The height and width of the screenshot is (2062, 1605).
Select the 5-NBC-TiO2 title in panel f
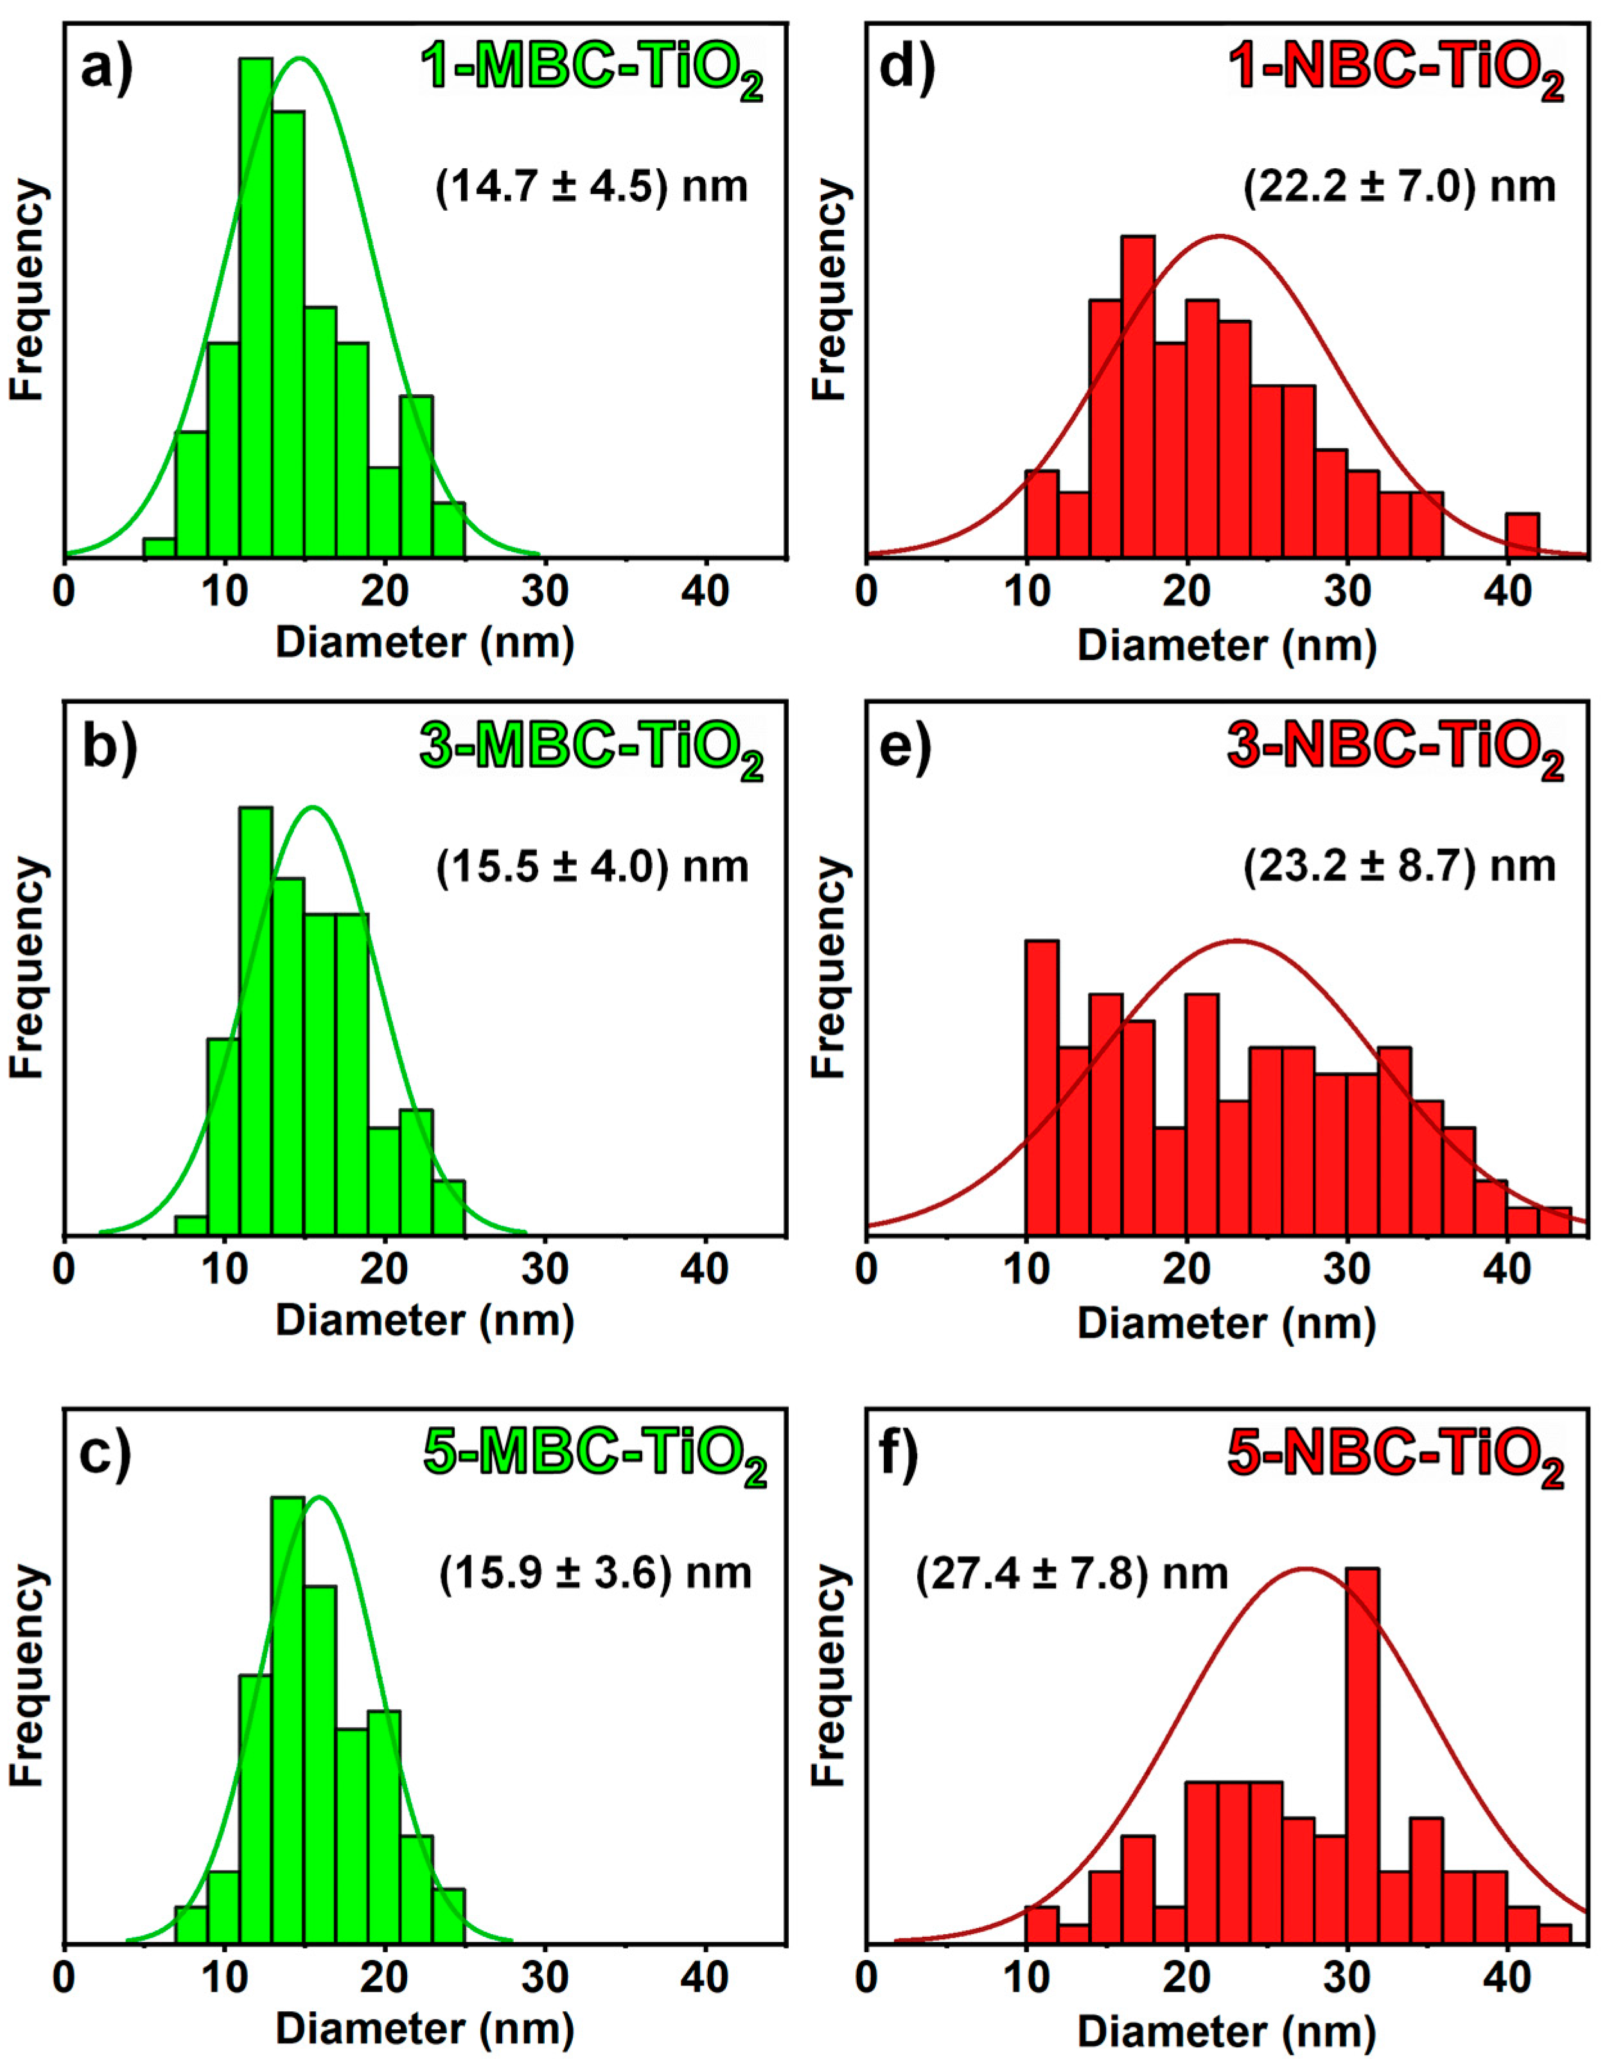(1396, 1456)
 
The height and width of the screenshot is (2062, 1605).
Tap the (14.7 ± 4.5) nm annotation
(592, 186)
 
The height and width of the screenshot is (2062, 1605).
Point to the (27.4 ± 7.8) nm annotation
(1071, 1574)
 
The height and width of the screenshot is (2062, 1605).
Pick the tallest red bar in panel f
(1362, 1756)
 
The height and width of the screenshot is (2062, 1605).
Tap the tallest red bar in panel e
(1041, 1086)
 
